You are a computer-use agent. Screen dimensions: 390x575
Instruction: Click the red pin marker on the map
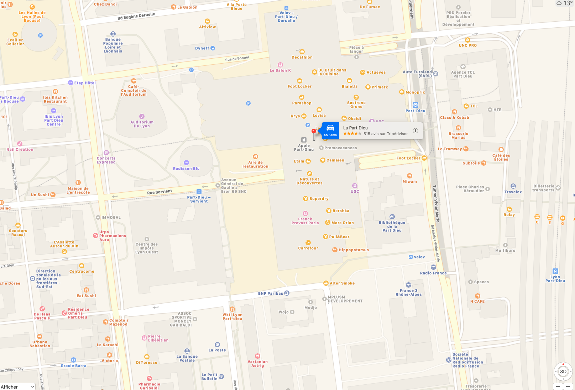click(x=314, y=131)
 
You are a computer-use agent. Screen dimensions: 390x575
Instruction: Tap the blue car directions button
click(x=330, y=130)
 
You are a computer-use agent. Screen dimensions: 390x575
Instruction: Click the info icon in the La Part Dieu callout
click(x=415, y=130)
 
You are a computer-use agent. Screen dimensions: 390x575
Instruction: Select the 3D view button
click(x=563, y=372)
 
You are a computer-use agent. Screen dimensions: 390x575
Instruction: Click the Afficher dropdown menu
click(x=17, y=387)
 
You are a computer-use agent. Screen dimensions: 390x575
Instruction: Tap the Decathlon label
click(x=302, y=57)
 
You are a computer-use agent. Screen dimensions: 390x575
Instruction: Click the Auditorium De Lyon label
click(x=142, y=124)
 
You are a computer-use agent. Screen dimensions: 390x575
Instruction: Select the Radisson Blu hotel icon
click(x=186, y=162)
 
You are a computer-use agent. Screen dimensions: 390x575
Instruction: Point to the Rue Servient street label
click(x=160, y=192)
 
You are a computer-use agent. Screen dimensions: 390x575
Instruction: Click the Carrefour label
click(x=308, y=248)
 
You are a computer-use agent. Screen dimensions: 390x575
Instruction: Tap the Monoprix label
click(x=415, y=92)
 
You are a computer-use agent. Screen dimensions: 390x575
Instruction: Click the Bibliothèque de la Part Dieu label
click(x=392, y=226)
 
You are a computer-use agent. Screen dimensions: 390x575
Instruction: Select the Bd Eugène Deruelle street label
click(x=136, y=16)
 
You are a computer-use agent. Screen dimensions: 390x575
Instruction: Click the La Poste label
click(x=217, y=350)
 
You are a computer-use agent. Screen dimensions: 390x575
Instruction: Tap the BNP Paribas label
click(x=270, y=293)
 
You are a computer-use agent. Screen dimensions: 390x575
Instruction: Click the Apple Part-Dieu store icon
click(x=304, y=140)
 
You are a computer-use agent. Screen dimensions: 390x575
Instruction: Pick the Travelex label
click(x=513, y=192)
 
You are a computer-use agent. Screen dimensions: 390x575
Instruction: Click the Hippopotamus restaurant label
click(x=353, y=250)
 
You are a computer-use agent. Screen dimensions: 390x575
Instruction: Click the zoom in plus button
click(x=568, y=386)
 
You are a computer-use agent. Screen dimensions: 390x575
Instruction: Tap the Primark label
click(x=380, y=87)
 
